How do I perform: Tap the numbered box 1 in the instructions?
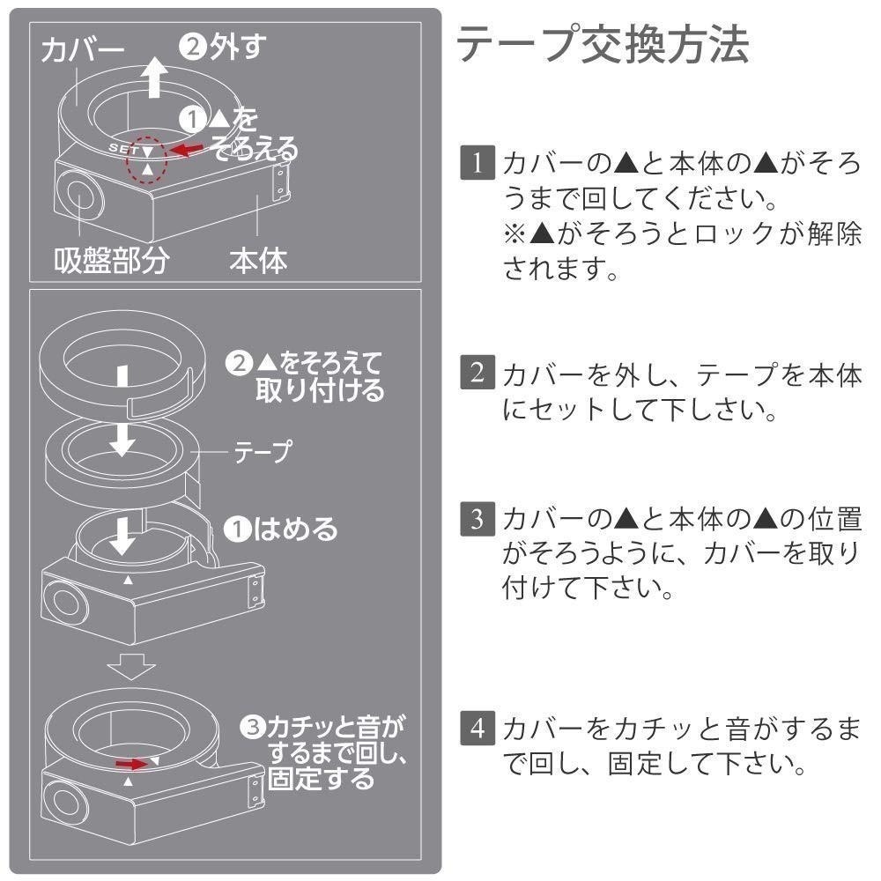point(476,164)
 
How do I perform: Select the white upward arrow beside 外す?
point(155,79)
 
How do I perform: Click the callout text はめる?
point(295,529)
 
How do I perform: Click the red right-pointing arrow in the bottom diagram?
point(133,761)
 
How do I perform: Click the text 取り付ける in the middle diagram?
point(320,389)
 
